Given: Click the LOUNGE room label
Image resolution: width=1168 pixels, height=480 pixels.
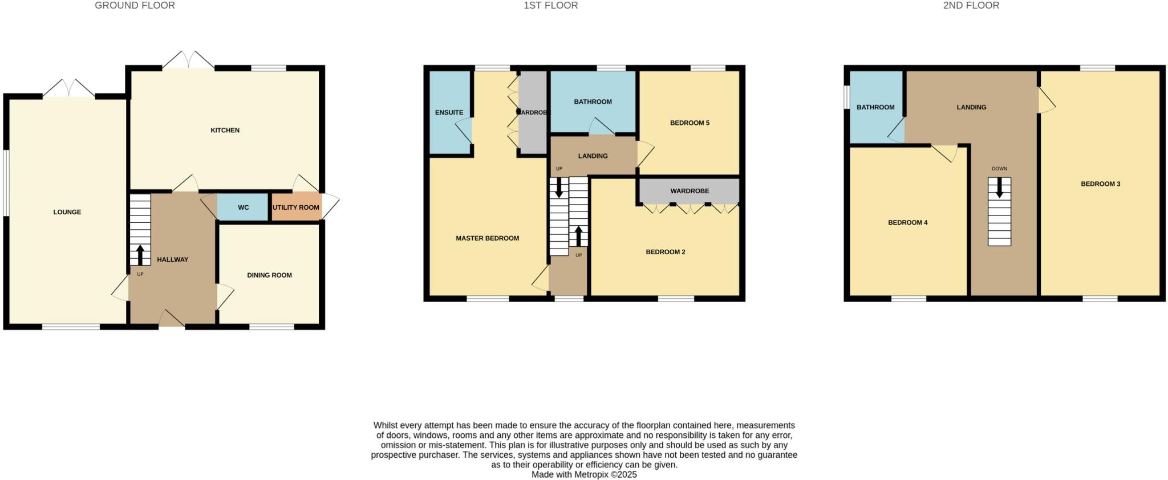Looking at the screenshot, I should coord(67,212).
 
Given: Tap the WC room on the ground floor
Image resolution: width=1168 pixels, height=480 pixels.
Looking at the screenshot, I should coord(243,208).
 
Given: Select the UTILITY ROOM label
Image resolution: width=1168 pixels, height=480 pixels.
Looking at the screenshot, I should coord(295,208).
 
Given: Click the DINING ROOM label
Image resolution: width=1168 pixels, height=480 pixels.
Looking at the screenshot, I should coord(269,275).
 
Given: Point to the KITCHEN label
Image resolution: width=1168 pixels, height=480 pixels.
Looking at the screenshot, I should coord(225,131).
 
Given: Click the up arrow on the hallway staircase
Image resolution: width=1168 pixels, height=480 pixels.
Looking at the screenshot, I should coord(140,255).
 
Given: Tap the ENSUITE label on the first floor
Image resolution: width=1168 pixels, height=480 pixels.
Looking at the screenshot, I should coord(449,113).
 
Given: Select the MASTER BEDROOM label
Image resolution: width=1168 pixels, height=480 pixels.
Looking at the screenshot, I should coord(487,238).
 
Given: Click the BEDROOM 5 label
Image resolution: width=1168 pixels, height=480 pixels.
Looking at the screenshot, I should coord(690,123).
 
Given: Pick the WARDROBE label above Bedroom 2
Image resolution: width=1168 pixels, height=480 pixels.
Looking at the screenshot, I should coord(690,191).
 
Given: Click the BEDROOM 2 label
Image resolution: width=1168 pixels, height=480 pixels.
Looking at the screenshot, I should coord(665,252).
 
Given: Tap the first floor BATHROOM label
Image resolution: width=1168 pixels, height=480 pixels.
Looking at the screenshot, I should coord(593,102).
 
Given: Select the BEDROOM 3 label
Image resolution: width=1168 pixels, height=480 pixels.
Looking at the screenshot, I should coord(1100,184).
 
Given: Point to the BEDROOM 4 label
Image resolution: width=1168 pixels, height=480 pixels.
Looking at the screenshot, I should coord(907,223).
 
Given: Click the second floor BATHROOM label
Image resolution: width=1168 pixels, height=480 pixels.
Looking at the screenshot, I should coord(875,108).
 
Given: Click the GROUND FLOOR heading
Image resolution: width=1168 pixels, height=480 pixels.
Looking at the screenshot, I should coord(135,6).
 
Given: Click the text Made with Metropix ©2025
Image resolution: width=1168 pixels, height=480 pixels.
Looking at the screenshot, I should coord(584,474).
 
